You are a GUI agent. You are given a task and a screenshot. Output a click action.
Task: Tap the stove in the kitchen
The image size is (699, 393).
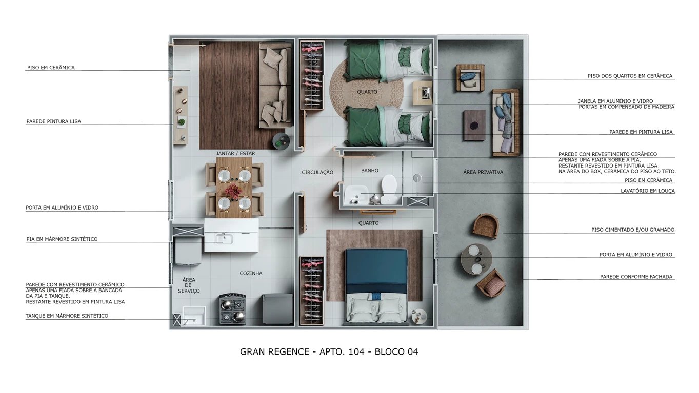click(x=232, y=309)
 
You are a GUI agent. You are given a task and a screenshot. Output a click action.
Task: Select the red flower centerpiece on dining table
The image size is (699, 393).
click(x=233, y=190)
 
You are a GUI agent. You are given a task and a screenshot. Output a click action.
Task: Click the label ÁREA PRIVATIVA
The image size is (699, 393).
click(x=483, y=172)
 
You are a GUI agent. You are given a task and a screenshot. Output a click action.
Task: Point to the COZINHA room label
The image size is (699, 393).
click(x=251, y=273)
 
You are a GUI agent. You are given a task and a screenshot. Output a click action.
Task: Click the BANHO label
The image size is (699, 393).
click(x=369, y=171)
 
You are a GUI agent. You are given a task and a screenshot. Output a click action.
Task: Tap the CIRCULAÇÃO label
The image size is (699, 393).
click(x=317, y=173)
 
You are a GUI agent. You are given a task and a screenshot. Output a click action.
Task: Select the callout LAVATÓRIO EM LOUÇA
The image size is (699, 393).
click(x=648, y=191)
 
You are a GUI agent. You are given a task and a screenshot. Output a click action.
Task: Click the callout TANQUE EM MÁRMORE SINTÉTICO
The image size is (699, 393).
click(x=67, y=316)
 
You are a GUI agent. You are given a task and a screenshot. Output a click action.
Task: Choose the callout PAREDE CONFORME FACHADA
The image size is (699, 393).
click(x=636, y=277)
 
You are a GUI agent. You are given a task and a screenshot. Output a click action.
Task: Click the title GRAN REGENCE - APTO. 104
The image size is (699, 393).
click(x=329, y=352)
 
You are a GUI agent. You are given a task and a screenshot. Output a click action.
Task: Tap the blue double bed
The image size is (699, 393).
click(x=376, y=284)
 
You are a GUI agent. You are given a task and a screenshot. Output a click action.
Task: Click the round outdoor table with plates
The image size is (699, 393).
click(x=475, y=259)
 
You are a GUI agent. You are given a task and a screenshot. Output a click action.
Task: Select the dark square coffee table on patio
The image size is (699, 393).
click(x=474, y=126)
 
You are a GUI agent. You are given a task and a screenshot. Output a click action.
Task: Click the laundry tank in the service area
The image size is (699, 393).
click(x=194, y=316)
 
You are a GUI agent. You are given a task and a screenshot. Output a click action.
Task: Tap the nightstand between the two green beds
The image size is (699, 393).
click(x=424, y=93)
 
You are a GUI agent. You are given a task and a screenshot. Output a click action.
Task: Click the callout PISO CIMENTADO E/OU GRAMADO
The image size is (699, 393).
click(x=632, y=230)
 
